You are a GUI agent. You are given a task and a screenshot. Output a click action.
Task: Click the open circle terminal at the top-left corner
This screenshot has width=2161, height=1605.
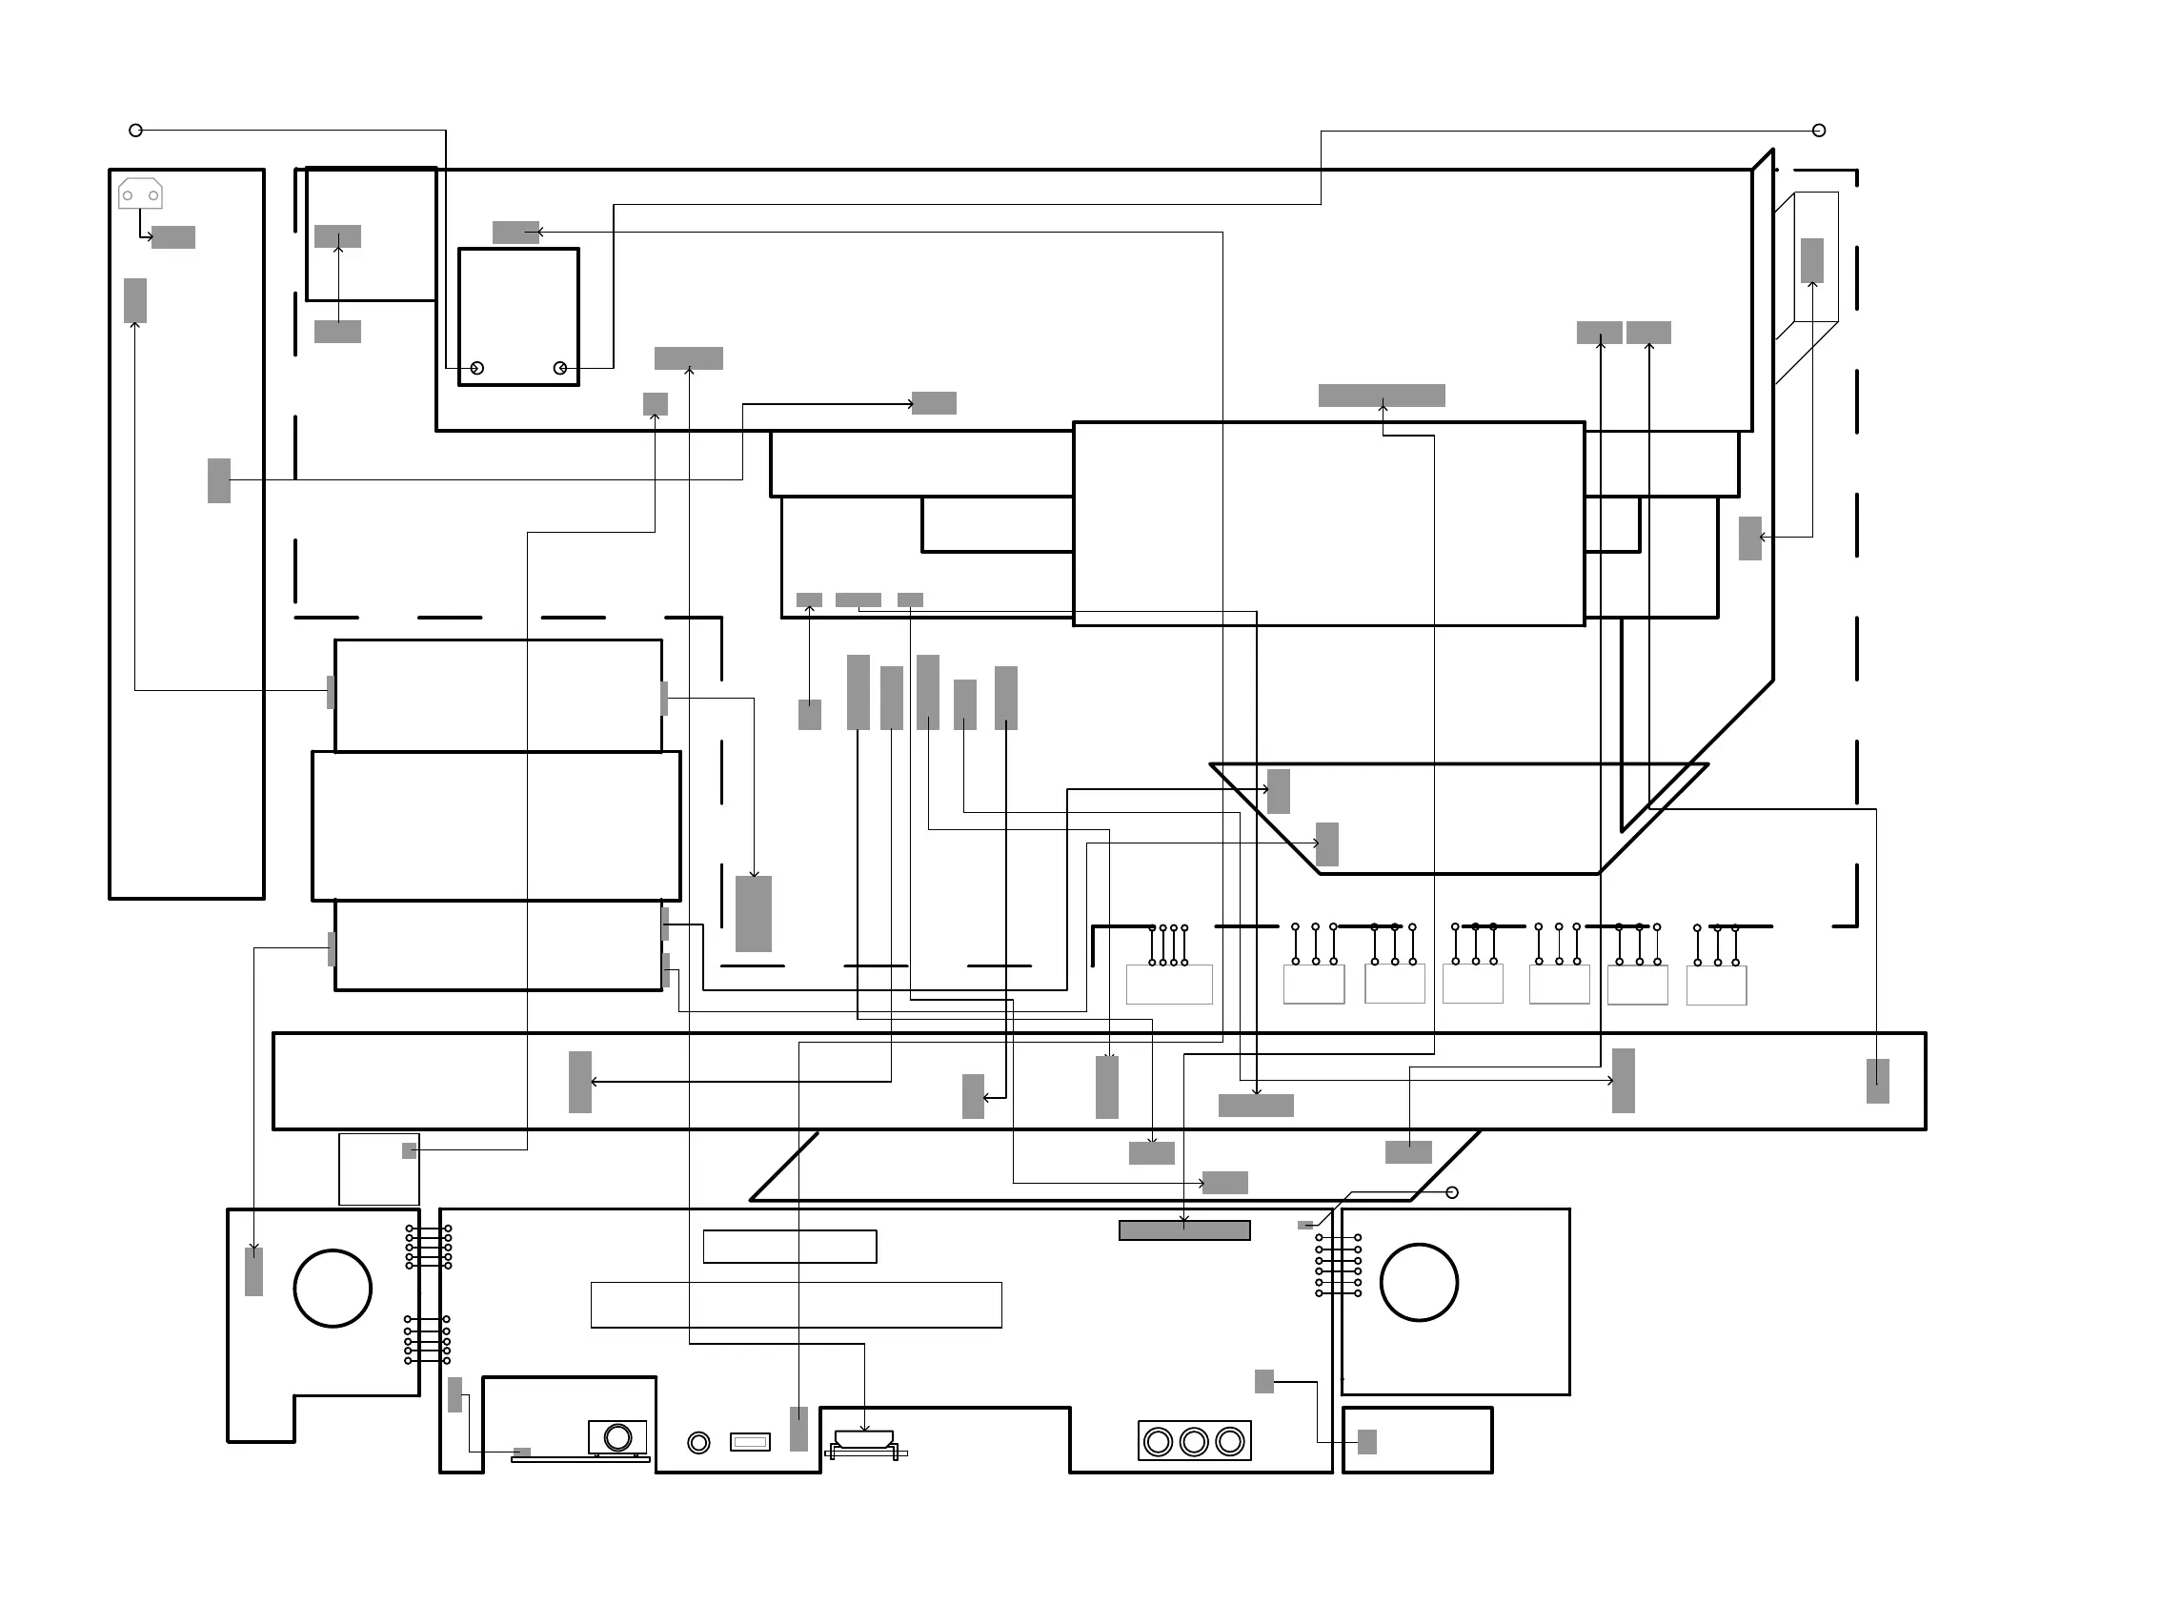pos(136,131)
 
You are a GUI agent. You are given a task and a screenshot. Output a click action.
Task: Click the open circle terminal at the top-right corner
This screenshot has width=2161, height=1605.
pos(1819,131)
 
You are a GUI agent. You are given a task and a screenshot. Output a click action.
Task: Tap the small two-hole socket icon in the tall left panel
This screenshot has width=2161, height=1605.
pos(140,194)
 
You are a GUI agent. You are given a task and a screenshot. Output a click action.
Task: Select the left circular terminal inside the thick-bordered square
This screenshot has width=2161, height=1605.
pos(476,368)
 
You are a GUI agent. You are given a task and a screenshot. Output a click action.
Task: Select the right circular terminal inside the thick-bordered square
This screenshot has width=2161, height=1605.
pos(559,368)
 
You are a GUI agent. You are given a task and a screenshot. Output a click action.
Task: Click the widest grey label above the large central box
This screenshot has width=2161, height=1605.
pos(1381,396)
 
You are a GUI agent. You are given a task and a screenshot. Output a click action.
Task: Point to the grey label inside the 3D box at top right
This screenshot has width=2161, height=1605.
pos(1811,260)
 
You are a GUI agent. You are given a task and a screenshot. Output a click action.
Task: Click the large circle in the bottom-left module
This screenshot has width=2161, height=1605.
pos(333,1289)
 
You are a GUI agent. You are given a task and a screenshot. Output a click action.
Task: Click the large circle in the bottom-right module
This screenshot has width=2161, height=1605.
pos(1419,1283)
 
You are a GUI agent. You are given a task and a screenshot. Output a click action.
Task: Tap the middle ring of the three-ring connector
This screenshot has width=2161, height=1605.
pos(1194,1442)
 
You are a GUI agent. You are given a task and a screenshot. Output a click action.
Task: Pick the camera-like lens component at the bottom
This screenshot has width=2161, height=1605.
pos(617,1437)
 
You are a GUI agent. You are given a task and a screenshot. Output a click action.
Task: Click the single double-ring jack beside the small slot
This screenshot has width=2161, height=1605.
pos(698,1443)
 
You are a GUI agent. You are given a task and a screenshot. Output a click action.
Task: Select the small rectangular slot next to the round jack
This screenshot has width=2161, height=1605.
pos(750,1442)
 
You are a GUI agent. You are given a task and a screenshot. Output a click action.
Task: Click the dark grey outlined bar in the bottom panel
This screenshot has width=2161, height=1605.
pos(1184,1231)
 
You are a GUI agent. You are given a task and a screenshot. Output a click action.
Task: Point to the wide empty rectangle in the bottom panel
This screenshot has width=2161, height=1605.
pos(796,1305)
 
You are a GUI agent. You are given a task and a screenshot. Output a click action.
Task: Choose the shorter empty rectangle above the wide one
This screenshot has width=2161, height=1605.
pos(790,1247)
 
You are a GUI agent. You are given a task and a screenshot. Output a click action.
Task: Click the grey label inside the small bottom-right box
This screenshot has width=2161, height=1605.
pos(1366,1442)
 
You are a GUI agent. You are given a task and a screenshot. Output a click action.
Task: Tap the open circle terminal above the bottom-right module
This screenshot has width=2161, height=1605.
pos(1452,1192)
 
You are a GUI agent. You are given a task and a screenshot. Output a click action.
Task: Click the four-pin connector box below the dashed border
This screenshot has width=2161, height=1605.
pos(1168,985)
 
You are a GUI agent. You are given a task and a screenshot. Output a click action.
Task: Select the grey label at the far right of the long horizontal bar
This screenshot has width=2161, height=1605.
pos(1877,1082)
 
